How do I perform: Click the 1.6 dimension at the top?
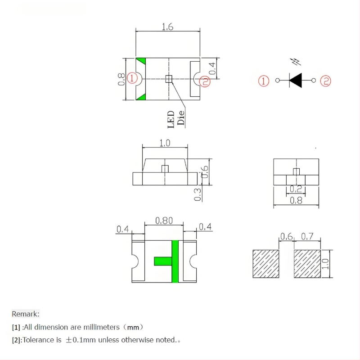click(167, 27)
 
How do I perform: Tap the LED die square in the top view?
click(169, 79)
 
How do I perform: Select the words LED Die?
click(176, 119)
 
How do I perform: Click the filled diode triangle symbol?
click(296, 81)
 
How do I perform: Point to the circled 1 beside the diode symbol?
click(264, 81)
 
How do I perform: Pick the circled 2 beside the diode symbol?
click(325, 81)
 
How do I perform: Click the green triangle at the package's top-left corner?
click(141, 61)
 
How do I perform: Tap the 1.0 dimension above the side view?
click(165, 143)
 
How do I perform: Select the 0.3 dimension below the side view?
click(198, 195)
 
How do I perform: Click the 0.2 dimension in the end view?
click(296, 189)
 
